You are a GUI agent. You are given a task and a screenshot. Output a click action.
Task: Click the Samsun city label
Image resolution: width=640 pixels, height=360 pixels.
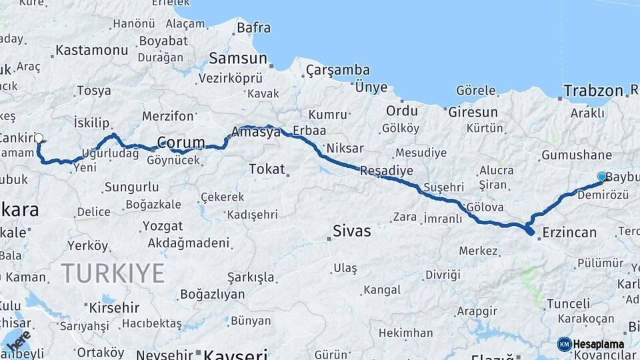coord(237,58)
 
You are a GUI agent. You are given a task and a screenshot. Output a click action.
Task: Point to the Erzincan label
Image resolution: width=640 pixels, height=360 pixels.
coord(569,233)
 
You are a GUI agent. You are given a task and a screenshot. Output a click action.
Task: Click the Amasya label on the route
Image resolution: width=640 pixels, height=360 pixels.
coord(256,132)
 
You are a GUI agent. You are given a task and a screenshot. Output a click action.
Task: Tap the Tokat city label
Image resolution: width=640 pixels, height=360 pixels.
coord(267,169)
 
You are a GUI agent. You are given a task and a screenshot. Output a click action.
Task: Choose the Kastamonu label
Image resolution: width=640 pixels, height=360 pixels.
coord(91,50)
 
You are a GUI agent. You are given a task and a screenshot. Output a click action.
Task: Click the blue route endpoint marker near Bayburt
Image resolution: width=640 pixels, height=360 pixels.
coord(602,177)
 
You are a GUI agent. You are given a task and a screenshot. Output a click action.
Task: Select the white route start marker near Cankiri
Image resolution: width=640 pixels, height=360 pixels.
coord(39,139)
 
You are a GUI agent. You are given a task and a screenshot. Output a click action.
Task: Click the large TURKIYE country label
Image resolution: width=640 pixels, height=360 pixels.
coord(113,273)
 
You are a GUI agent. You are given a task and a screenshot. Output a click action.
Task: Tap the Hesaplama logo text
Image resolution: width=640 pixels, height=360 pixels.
coord(599,345)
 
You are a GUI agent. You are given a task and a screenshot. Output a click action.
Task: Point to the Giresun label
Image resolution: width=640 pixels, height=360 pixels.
coord(473,111)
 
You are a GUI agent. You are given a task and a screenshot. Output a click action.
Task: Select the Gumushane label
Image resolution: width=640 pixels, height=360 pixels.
coord(567,155)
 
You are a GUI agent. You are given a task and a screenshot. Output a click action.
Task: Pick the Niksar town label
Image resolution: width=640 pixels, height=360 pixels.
coord(345,147)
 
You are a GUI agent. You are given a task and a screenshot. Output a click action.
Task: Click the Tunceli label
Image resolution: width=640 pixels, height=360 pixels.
coord(568,304)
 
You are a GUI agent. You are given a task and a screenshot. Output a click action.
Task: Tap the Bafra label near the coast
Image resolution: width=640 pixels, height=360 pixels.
coord(253,28)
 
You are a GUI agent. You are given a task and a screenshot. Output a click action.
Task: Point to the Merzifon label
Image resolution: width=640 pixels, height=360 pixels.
coord(167,115)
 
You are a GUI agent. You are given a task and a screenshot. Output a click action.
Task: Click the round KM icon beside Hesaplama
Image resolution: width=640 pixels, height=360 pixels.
coord(564,344)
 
